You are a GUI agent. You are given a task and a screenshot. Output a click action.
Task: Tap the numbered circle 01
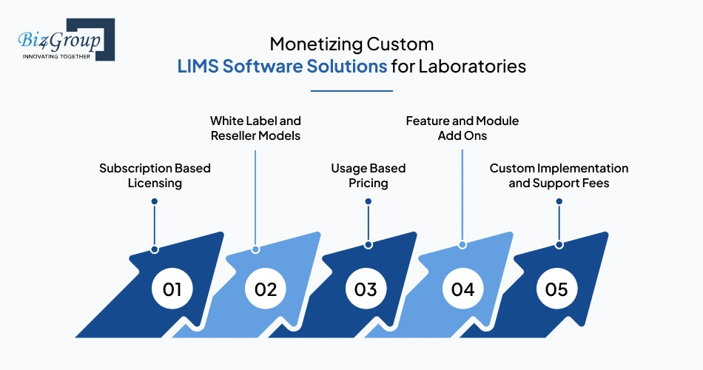click(172, 289)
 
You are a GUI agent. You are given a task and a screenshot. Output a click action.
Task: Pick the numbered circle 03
click(366, 289)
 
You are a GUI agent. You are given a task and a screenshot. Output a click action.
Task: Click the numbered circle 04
click(462, 289)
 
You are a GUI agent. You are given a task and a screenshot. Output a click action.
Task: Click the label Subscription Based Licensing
click(155, 175)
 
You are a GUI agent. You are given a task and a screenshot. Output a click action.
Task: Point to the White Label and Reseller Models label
click(255, 127)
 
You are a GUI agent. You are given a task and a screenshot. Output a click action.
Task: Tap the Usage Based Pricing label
click(368, 175)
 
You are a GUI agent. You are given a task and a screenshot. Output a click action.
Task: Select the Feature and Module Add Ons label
click(462, 127)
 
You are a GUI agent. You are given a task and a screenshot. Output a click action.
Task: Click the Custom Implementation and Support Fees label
click(559, 175)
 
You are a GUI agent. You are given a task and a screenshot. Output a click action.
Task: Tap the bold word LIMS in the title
click(198, 66)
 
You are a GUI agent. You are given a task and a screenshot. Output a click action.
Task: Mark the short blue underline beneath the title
click(351, 91)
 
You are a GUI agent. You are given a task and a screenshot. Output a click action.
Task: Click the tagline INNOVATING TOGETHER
click(56, 55)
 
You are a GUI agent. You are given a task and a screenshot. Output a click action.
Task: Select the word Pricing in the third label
click(368, 183)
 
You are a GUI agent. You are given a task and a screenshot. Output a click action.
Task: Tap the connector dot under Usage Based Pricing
click(368, 201)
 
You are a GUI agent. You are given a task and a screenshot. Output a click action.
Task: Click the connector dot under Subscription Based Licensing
click(154, 201)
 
